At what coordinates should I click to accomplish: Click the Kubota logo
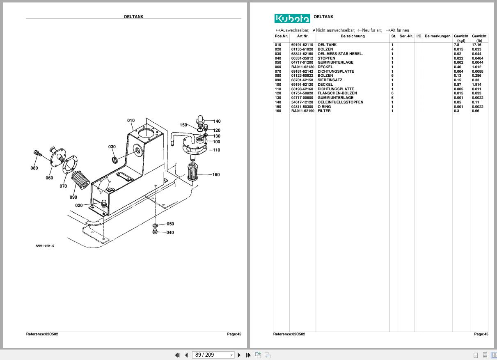coord(292,18)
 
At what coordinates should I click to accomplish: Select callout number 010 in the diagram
coord(131,121)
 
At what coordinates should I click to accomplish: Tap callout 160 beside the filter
coord(216,175)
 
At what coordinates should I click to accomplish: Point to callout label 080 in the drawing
coord(34,168)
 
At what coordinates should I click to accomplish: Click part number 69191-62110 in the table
coord(302,45)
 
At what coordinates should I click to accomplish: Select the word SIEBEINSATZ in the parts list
coord(330,80)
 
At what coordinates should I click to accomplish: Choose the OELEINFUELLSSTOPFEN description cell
coord(340,102)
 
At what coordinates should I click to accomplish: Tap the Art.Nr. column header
coord(302,36)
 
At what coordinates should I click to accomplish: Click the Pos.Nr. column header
coord(281,36)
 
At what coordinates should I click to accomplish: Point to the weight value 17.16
coord(476,45)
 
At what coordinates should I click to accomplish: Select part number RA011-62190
coord(302,111)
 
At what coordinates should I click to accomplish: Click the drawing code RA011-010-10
coord(45,246)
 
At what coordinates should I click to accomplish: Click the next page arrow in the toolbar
coord(239,355)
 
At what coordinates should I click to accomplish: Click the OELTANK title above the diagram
coord(133,17)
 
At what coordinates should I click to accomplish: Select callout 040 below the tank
coord(170,233)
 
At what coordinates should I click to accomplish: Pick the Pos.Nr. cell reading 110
coord(278,89)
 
